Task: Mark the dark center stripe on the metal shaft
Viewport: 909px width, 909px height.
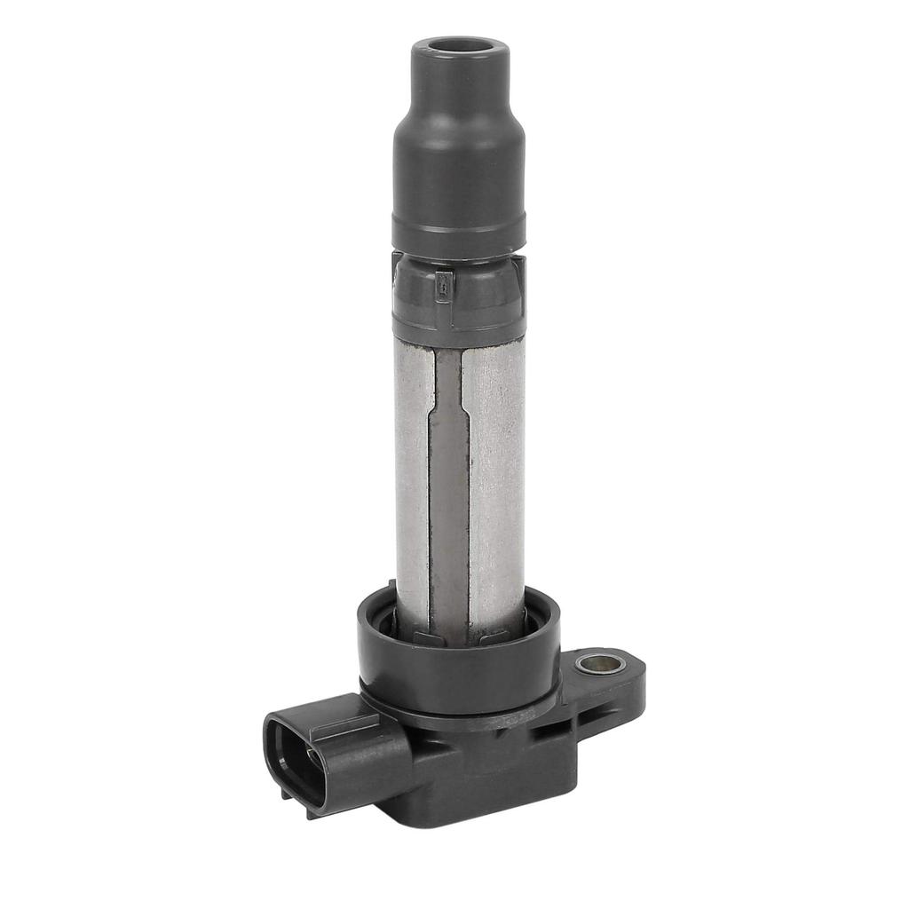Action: [450, 497]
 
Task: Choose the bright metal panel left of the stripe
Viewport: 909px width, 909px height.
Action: [412, 479]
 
